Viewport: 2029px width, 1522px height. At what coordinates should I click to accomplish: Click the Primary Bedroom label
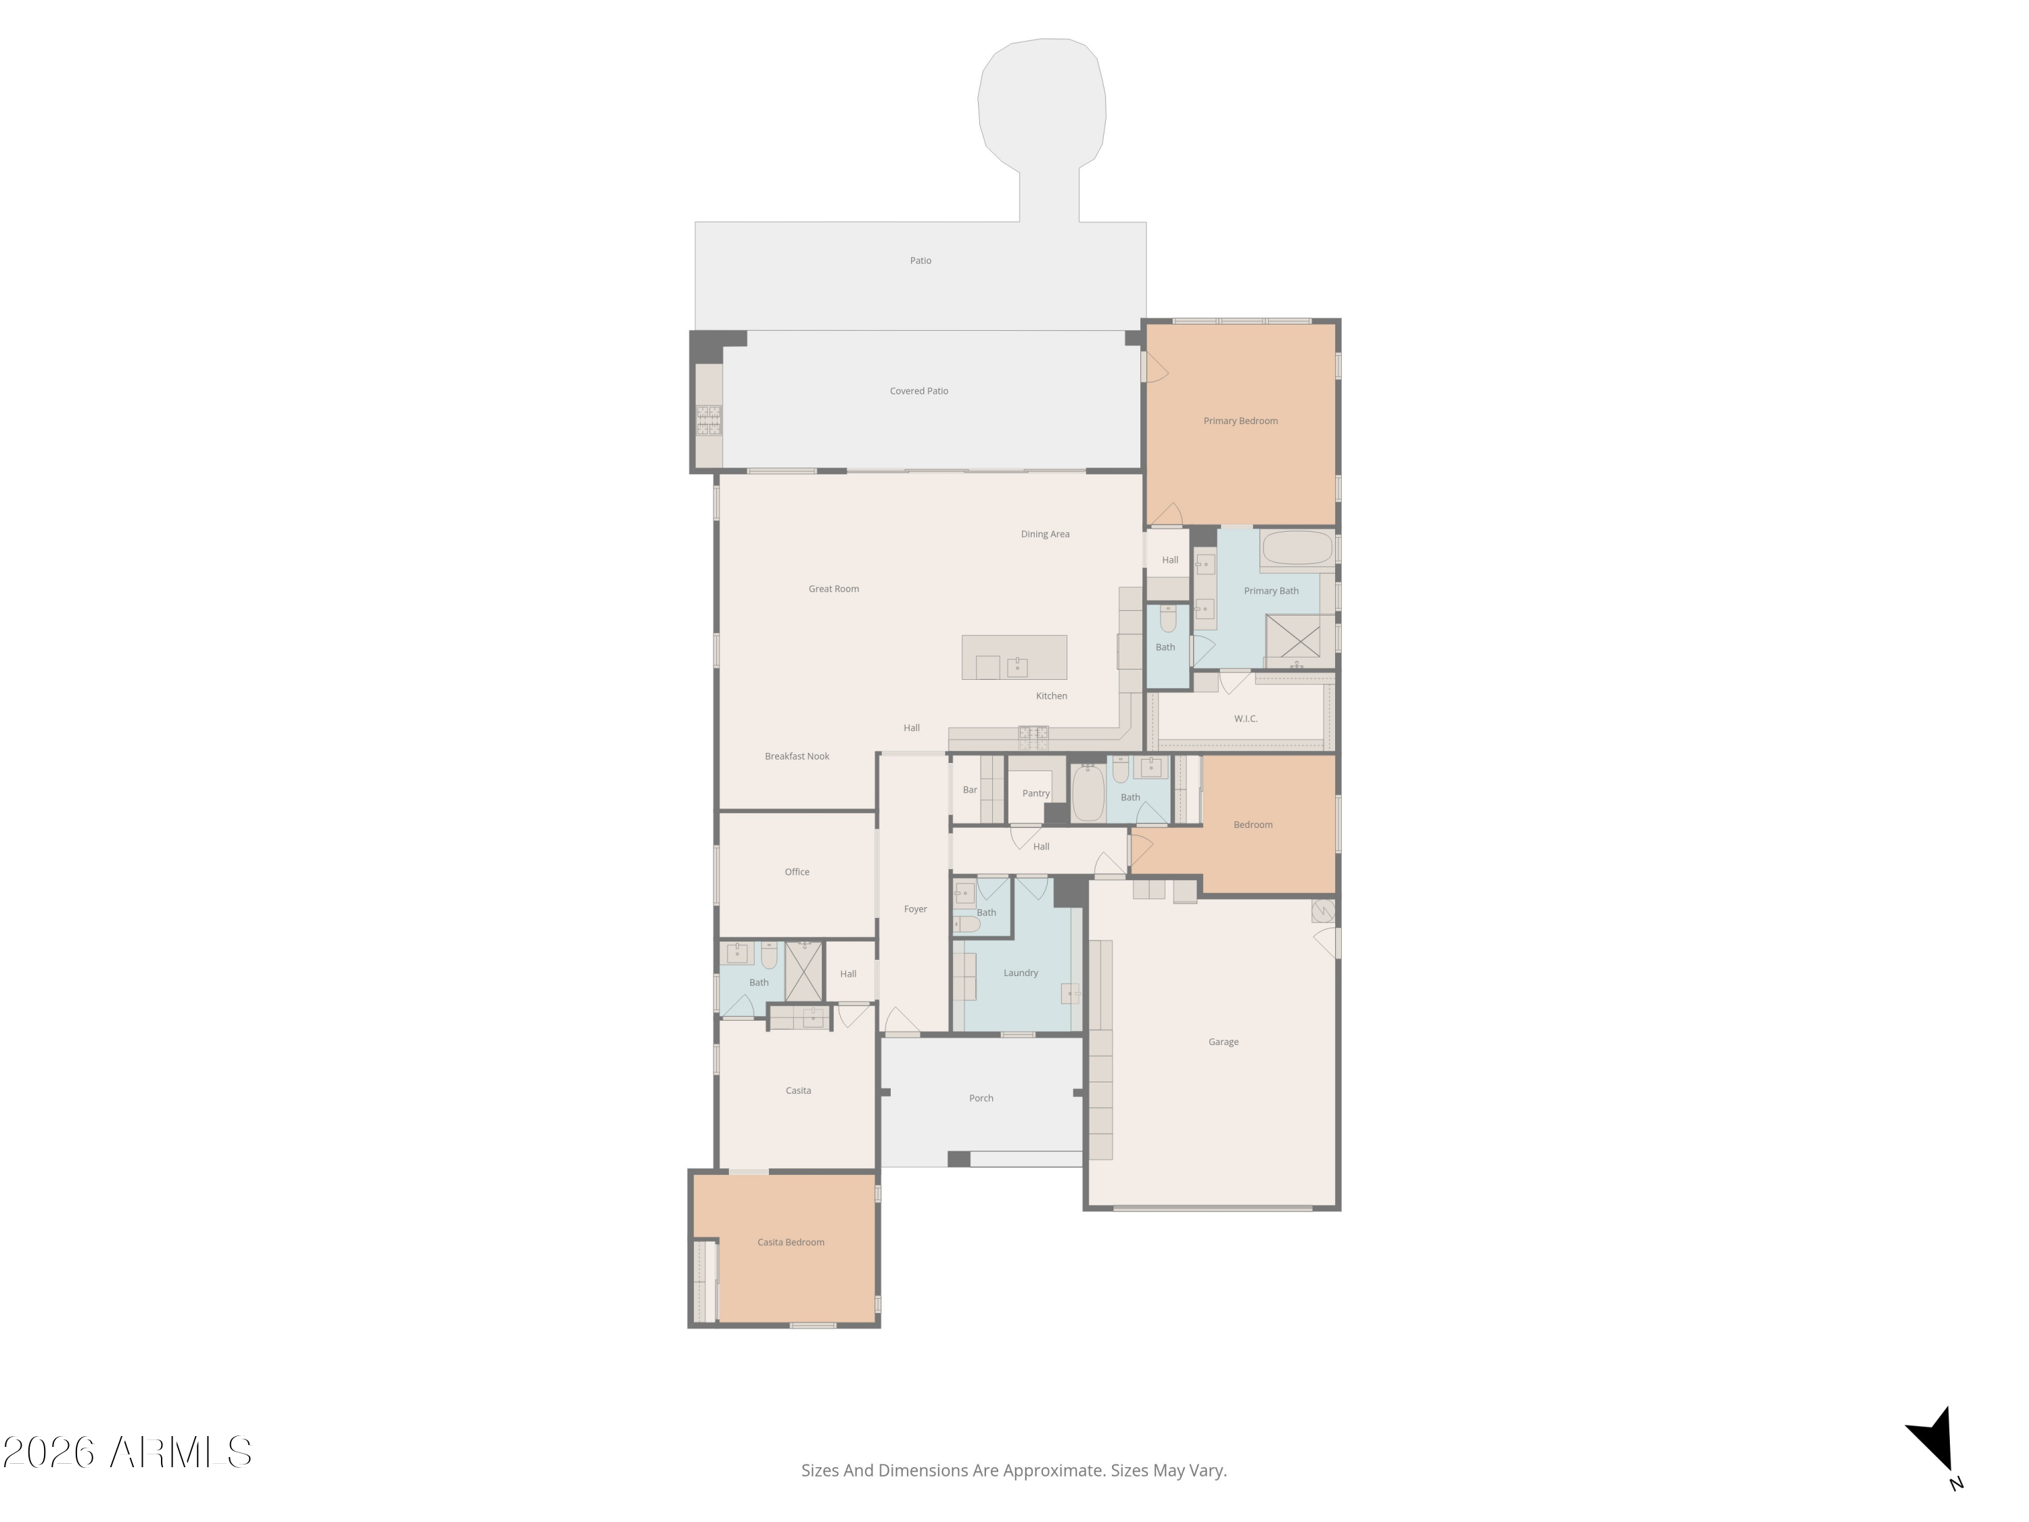[x=1240, y=421]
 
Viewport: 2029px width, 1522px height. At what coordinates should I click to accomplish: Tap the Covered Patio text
[x=919, y=391]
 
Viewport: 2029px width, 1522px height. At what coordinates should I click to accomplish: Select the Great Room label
[x=834, y=589]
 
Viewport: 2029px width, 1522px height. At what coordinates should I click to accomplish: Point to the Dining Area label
[x=1045, y=534]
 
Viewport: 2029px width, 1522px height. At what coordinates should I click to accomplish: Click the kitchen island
[x=1014, y=657]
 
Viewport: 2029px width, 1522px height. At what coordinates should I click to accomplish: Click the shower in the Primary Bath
[x=1292, y=636]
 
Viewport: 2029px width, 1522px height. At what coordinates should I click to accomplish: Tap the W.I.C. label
[x=1246, y=718]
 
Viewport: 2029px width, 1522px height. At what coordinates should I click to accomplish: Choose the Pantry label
[x=1035, y=793]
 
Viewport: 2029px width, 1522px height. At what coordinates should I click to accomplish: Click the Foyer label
[x=916, y=909]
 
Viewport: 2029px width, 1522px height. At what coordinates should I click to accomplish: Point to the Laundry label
[x=1021, y=973]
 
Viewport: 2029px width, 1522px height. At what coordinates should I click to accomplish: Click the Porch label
[x=981, y=1098]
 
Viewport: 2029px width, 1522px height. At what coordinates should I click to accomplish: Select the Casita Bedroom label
[x=791, y=1242]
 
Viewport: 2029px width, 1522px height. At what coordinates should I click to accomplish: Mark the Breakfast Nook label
[x=797, y=756]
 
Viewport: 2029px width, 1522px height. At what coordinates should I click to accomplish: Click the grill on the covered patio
[x=709, y=420]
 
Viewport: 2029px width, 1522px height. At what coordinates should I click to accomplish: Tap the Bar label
[x=971, y=790]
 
